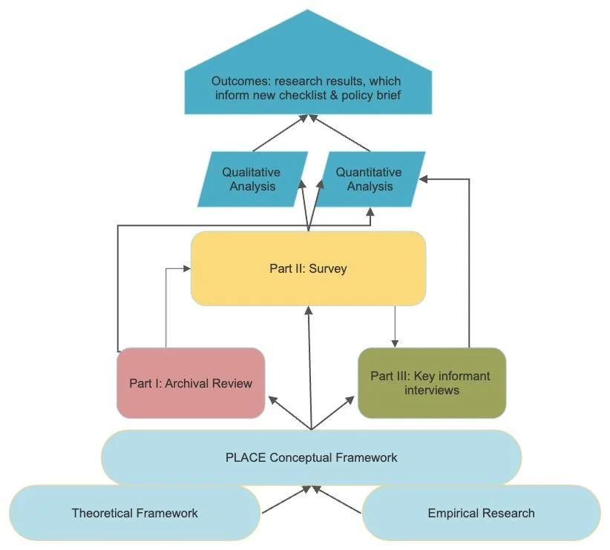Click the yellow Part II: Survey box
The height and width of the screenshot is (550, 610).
tap(308, 268)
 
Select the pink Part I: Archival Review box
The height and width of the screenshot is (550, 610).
tap(191, 383)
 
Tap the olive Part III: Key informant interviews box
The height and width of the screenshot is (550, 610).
tap(432, 383)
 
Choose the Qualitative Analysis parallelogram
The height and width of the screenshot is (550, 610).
tap(253, 179)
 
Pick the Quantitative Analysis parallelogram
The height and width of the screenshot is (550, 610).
tap(370, 179)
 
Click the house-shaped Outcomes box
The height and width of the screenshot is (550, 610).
tap(308, 62)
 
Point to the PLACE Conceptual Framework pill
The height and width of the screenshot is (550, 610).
tap(311, 457)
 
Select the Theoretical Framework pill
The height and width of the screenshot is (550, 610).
tap(134, 513)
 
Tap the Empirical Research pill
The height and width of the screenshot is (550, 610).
tap(481, 513)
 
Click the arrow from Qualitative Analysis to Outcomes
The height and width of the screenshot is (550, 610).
tap(280, 133)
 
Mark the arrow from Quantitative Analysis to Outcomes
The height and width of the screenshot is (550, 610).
tap(340, 133)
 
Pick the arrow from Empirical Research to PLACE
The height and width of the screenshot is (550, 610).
tap(337, 500)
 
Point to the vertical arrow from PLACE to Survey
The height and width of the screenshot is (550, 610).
tap(310, 368)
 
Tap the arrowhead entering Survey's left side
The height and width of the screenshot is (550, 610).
tap(187, 268)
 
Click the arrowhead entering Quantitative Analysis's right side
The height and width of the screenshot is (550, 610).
tap(423, 179)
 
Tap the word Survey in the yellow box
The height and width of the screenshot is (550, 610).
tap(328, 268)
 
